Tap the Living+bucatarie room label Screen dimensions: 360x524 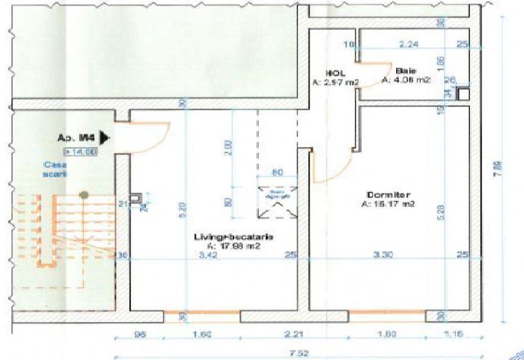pyautogui.click(x=234, y=237)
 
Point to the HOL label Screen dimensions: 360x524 pyautogui.click(x=335, y=73)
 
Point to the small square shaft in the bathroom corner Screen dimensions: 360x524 pyautogui.click(x=463, y=94)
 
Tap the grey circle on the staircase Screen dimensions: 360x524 pyautogui.click(x=82, y=194)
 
